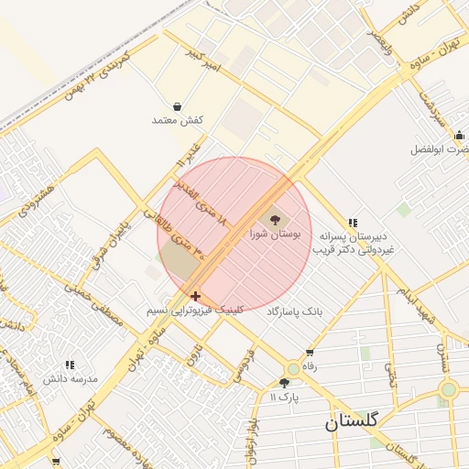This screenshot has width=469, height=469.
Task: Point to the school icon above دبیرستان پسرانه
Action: pos(353,223)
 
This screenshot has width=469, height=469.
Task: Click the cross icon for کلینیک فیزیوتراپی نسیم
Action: pos(195,296)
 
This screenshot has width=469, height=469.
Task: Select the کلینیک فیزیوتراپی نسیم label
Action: pos(194,311)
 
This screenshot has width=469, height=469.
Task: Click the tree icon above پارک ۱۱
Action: pos(285,383)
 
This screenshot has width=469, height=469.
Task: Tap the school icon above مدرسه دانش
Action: pos(71,365)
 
